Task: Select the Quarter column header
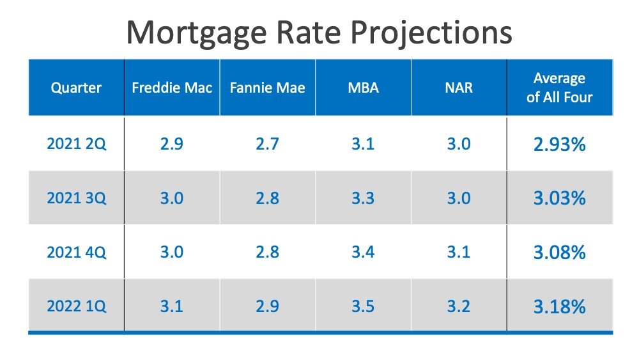pyautogui.click(x=76, y=88)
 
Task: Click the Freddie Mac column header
pyautogui.click(x=171, y=88)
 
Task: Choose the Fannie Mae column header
pyautogui.click(x=267, y=88)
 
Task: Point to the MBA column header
pyautogui.click(x=362, y=88)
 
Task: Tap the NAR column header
pyautogui.click(x=458, y=88)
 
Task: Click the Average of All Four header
pyautogui.click(x=559, y=88)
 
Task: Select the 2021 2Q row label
pyautogui.click(x=76, y=144)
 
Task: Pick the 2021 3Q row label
pyautogui.click(x=76, y=198)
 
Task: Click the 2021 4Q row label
pyautogui.click(x=76, y=252)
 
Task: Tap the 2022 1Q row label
pyautogui.click(x=76, y=306)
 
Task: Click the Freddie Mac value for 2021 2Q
pyautogui.click(x=171, y=144)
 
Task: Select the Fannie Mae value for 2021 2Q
pyautogui.click(x=267, y=144)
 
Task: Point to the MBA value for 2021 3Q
pyautogui.click(x=362, y=198)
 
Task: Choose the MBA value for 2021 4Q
pyautogui.click(x=362, y=252)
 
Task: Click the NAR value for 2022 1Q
pyautogui.click(x=458, y=306)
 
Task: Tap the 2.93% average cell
pyautogui.click(x=559, y=145)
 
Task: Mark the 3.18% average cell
pyautogui.click(x=559, y=307)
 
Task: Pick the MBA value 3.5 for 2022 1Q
pyautogui.click(x=362, y=306)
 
